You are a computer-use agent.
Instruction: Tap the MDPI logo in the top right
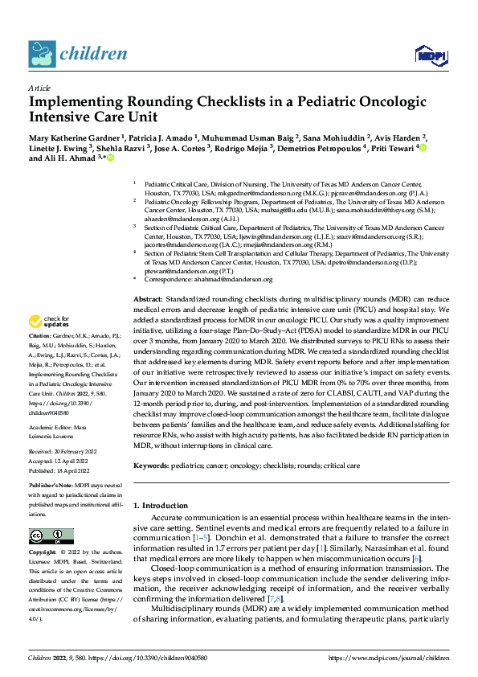click(x=431, y=55)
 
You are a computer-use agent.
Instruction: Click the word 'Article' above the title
click(x=39, y=88)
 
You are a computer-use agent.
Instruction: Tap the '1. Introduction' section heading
click(x=160, y=505)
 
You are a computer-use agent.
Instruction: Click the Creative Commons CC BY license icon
click(x=47, y=535)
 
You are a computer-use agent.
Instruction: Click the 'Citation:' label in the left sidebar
click(x=39, y=334)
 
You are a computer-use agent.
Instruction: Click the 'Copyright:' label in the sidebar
click(x=43, y=553)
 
